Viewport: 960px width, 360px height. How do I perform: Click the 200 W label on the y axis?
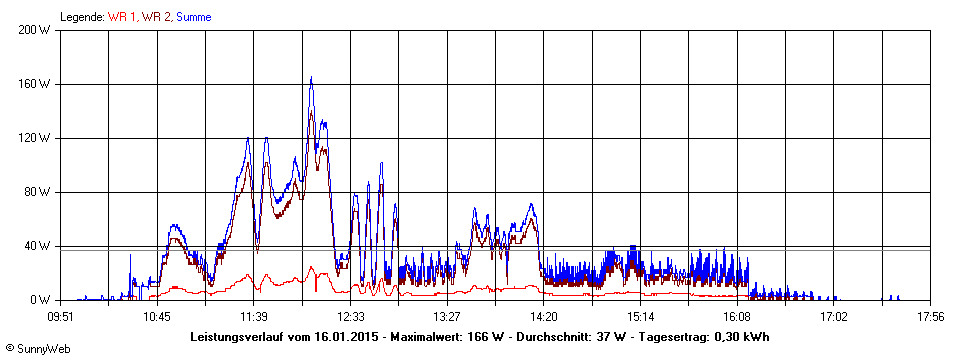pyautogui.click(x=36, y=30)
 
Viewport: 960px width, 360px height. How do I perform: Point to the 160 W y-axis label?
pyautogui.click(x=36, y=84)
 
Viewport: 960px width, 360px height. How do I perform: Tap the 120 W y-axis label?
pyautogui.click(x=36, y=138)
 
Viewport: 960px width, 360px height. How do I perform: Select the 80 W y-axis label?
pyautogui.click(x=39, y=192)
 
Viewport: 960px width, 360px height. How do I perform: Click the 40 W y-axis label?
pyautogui.click(x=39, y=246)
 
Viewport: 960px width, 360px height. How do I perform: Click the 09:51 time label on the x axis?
pyautogui.click(x=61, y=317)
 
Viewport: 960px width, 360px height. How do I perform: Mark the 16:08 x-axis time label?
pyautogui.click(x=737, y=317)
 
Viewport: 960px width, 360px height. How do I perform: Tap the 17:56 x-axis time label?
pyautogui.click(x=930, y=317)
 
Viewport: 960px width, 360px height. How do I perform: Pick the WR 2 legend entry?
pyautogui.click(x=156, y=16)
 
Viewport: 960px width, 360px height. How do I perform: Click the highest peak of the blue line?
pyautogui.click(x=311, y=78)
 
